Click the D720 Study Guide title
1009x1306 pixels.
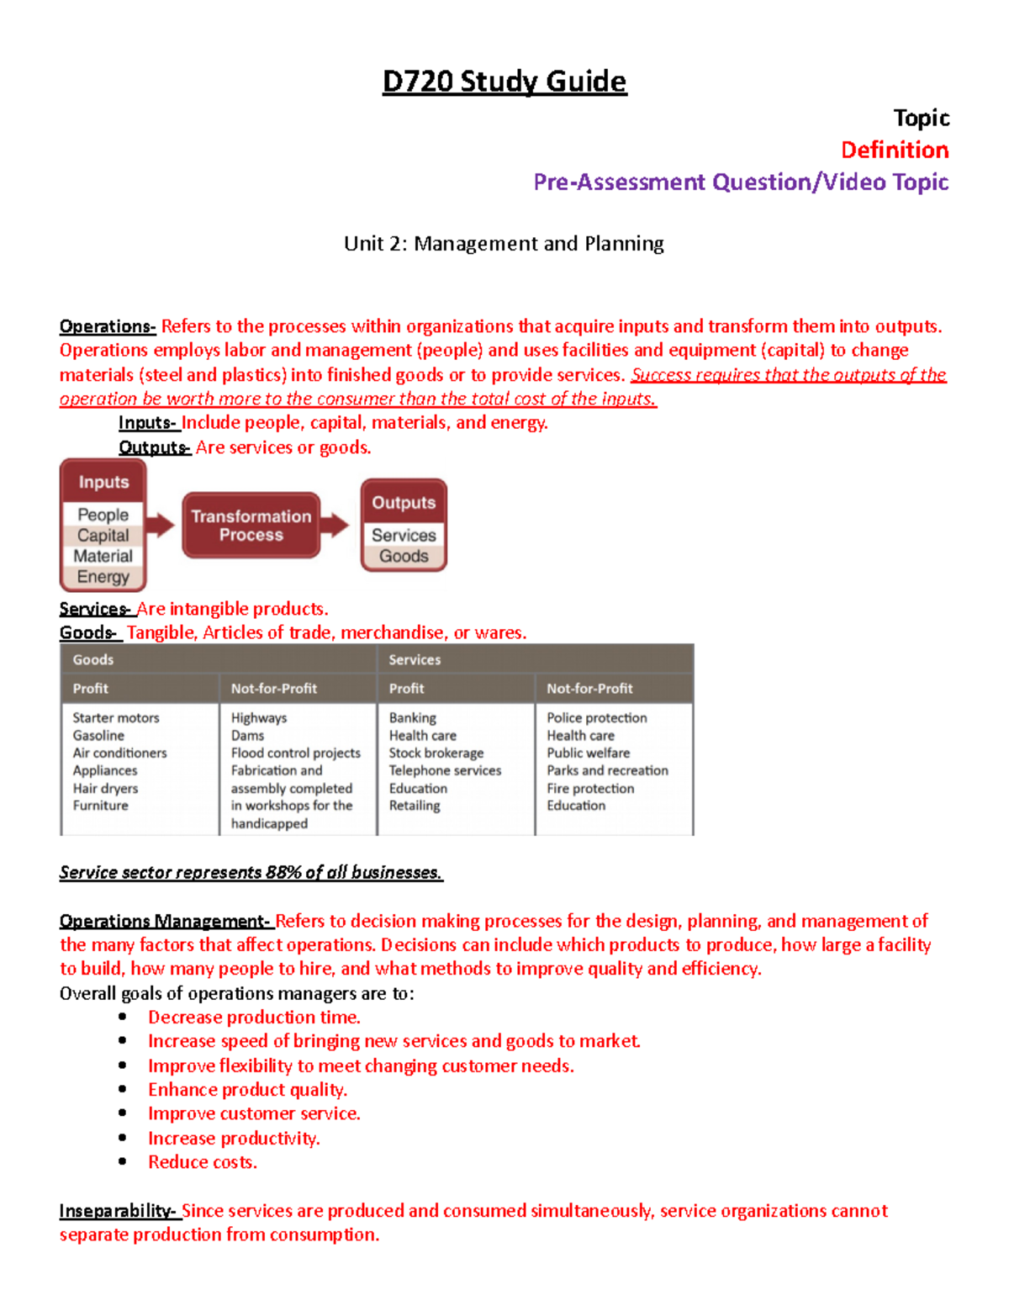point(504,82)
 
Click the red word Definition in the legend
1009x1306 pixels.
point(895,151)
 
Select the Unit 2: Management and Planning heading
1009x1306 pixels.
point(504,244)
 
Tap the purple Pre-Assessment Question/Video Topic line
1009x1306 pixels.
point(741,182)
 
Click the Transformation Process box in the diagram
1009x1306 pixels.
point(251,526)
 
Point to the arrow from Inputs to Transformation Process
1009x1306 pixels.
point(160,526)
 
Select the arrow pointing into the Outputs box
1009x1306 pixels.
point(335,526)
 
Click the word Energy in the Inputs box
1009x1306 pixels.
point(103,577)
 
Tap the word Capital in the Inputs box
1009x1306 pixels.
point(103,536)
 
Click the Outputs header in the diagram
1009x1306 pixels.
point(404,503)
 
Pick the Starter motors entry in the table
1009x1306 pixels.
point(116,718)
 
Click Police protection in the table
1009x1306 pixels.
point(597,718)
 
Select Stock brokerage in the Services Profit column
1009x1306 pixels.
point(436,753)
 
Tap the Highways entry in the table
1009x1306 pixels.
point(259,718)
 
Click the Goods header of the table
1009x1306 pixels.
point(93,660)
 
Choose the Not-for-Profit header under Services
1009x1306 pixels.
point(589,689)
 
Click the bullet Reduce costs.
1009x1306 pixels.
point(203,1162)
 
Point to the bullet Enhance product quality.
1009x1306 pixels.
point(247,1090)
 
